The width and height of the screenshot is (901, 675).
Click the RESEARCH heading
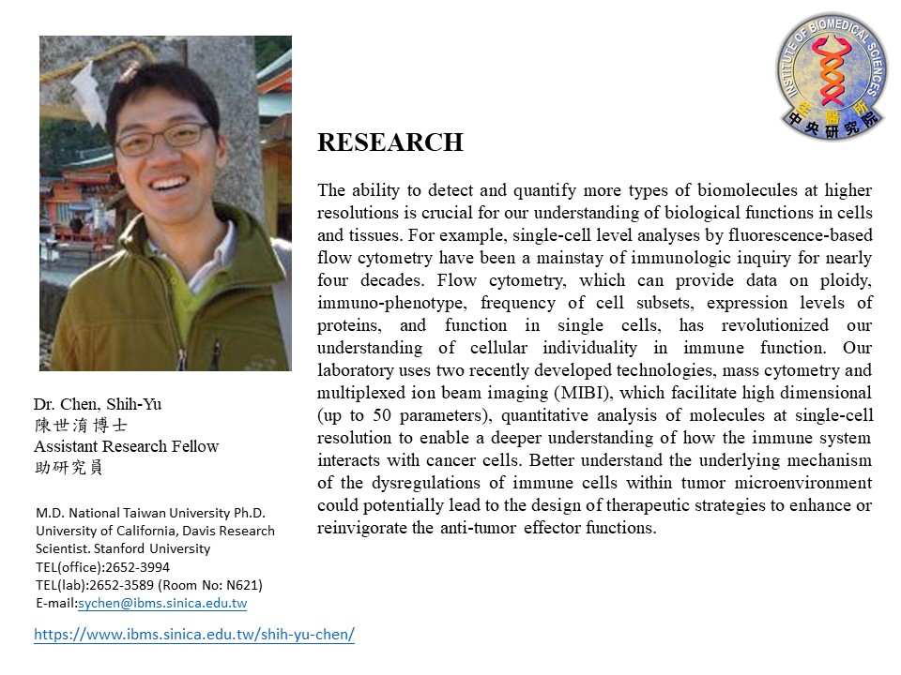[389, 142]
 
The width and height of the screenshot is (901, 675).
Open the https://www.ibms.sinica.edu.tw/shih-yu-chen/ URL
[194, 635]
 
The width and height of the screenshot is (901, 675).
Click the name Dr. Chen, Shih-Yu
[98, 404]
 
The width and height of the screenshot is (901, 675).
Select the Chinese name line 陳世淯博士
[80, 426]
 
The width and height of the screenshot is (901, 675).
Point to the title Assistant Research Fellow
[126, 446]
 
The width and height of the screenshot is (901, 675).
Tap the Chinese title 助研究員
[69, 468]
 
